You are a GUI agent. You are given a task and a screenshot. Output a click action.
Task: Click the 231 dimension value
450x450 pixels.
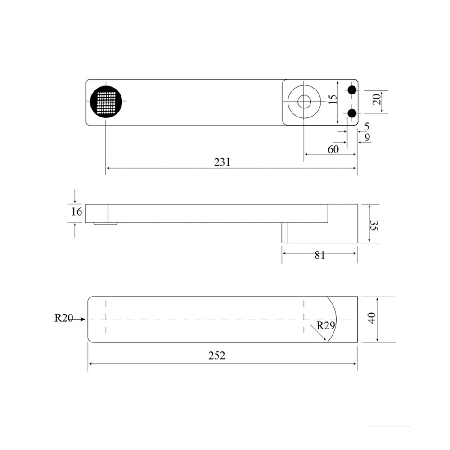click(222, 162)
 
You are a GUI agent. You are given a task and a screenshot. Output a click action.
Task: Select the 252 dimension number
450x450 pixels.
click(217, 355)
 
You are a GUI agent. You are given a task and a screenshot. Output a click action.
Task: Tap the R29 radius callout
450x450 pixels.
click(326, 325)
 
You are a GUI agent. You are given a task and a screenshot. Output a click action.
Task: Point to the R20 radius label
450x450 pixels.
click(64, 318)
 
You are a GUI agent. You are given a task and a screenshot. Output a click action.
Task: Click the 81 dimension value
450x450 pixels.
click(319, 255)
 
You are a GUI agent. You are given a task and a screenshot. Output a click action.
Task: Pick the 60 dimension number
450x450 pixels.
click(333, 149)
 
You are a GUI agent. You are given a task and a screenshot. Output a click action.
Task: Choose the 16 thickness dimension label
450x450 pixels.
click(76, 211)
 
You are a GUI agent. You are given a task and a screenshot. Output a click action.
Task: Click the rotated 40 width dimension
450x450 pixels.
click(372, 318)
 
